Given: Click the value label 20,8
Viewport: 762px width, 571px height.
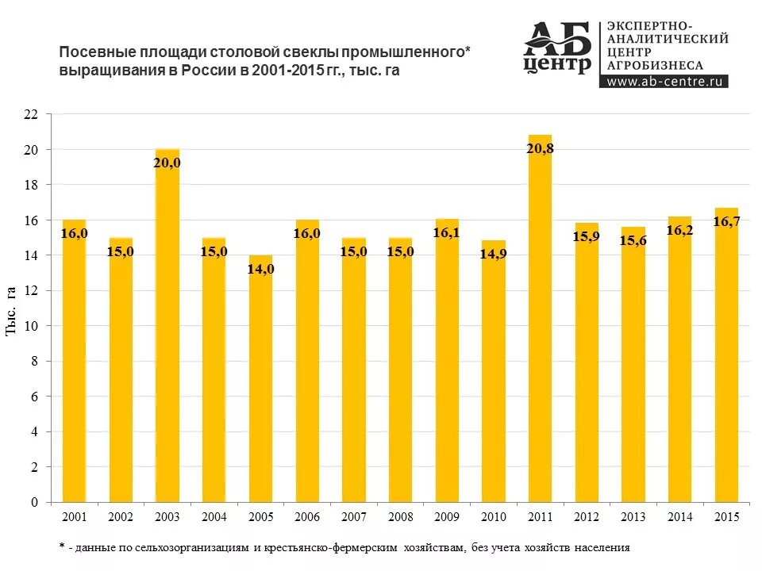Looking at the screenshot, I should [540, 148].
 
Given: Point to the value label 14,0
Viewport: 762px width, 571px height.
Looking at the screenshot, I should [260, 269].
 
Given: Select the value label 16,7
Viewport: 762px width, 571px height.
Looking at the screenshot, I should [726, 221].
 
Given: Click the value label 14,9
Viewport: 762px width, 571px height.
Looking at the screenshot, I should [494, 255].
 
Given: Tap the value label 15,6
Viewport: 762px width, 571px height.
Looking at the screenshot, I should [633, 241].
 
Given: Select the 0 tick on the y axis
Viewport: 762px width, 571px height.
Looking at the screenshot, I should [35, 503].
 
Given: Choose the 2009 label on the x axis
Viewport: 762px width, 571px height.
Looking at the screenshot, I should [447, 517].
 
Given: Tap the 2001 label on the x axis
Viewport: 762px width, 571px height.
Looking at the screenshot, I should [74, 517].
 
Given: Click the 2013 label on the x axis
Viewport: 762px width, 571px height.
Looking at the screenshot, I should [633, 517].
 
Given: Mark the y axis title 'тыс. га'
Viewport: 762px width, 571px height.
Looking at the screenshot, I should [13, 310].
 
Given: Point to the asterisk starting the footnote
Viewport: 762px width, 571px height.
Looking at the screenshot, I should [62, 546].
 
